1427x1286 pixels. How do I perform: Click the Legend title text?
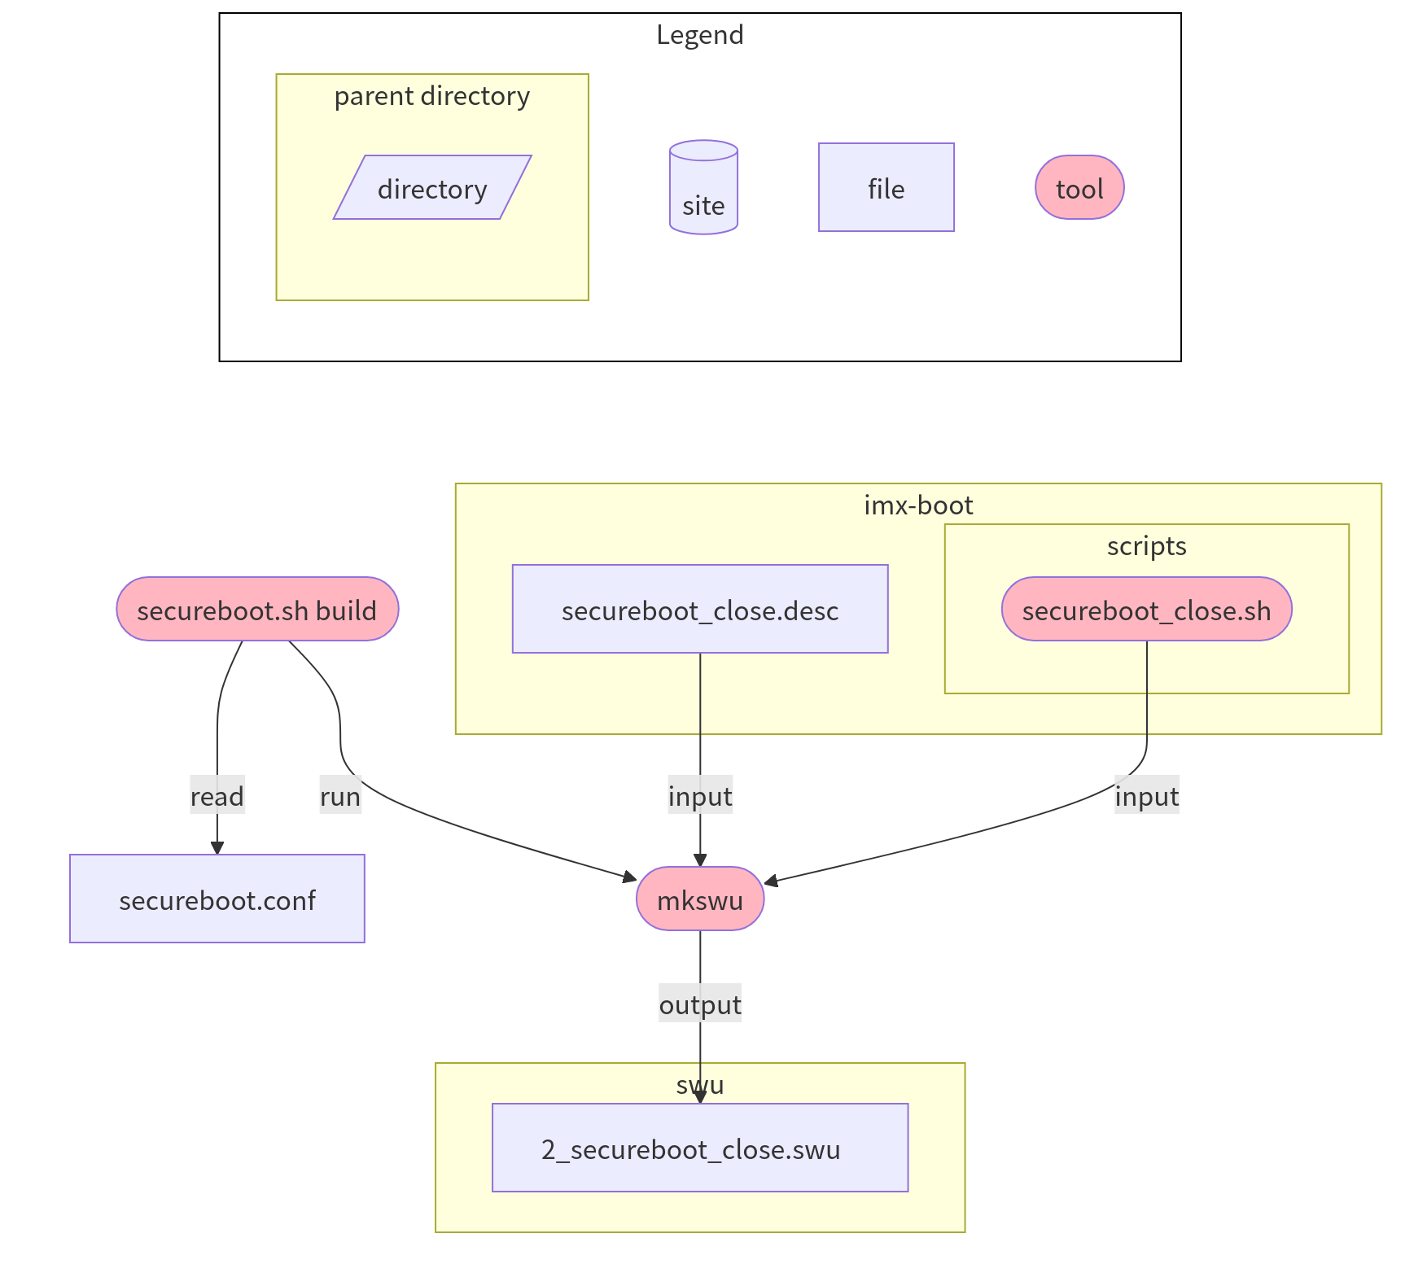coord(699,35)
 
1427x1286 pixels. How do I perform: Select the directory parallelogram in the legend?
coord(432,188)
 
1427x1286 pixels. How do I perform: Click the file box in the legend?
coord(886,188)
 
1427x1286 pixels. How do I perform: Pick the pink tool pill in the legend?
coord(1079,188)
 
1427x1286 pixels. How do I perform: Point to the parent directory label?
coord(431,96)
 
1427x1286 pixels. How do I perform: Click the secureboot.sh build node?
coord(257,610)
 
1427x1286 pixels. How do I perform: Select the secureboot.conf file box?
coord(217,899)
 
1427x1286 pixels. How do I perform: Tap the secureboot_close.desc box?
coord(700,610)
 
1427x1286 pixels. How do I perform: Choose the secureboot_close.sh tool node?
coord(1146,610)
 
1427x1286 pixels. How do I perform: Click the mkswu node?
coord(700,899)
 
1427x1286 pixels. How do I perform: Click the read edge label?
coord(217,796)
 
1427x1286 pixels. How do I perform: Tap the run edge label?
coord(340,796)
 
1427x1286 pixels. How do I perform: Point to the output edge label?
coord(700,1004)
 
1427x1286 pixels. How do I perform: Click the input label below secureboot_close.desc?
coord(700,796)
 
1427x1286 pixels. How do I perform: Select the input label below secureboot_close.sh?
coord(1146,796)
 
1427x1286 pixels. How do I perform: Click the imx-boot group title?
coord(918,505)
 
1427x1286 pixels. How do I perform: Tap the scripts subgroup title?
coord(1146,546)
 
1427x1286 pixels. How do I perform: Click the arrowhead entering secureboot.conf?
coord(217,848)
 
